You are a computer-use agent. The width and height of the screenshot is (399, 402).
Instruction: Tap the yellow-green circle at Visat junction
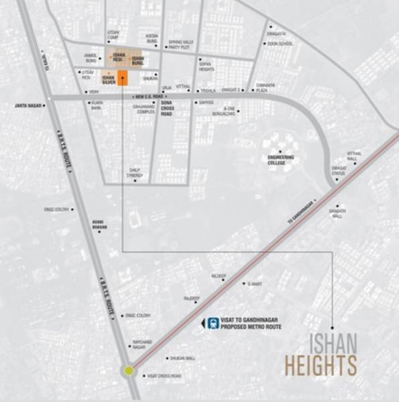128,370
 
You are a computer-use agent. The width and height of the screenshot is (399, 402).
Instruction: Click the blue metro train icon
213,323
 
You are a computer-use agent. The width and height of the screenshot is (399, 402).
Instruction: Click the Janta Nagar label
27,105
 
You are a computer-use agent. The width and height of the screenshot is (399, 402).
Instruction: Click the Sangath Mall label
337,214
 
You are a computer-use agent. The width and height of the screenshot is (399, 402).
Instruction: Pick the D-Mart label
254,284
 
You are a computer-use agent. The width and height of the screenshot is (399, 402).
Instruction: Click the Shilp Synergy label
137,173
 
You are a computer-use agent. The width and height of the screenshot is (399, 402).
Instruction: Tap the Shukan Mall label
182,358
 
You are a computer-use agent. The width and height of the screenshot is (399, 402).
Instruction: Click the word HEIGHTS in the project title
321,366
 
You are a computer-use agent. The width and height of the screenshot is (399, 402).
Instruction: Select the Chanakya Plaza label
261,87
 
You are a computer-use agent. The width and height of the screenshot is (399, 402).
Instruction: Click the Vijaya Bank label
95,105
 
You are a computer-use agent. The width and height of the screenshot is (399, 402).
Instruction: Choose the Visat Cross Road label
164,376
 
